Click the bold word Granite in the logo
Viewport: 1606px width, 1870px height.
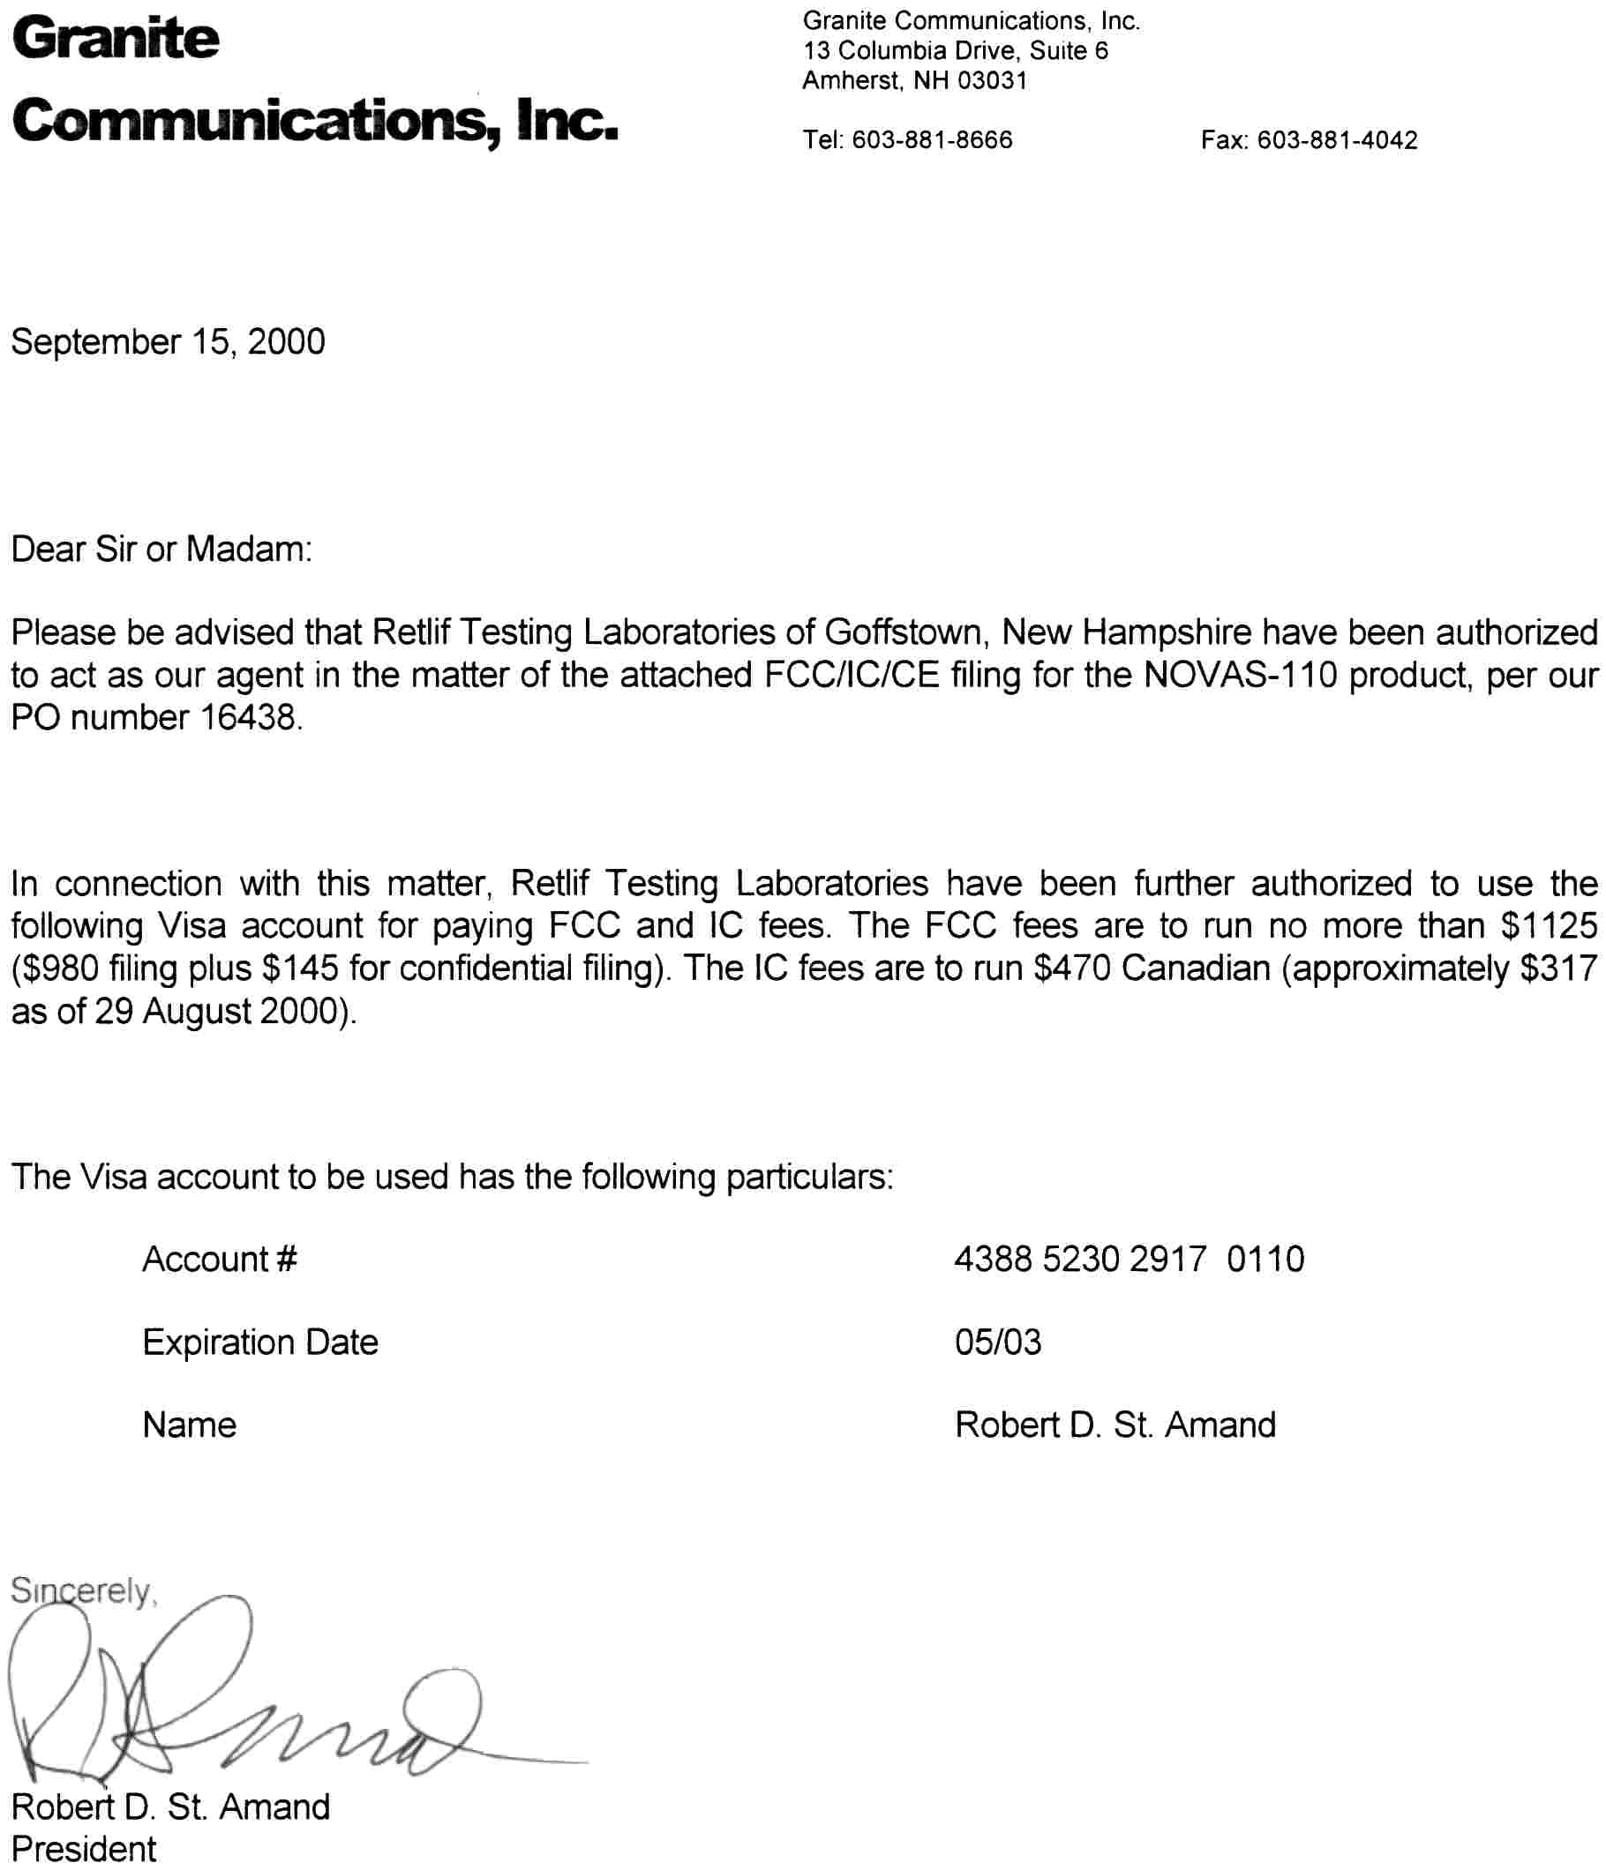pos(116,39)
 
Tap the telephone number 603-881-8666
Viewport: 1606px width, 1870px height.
pos(932,140)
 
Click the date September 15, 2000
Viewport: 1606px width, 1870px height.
pos(168,342)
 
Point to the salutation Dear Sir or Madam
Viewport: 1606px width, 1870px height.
pos(161,549)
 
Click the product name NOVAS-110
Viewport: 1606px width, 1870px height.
pos(1240,674)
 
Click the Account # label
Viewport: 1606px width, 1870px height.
pos(220,1259)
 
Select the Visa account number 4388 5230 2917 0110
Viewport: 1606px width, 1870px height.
pos(1129,1259)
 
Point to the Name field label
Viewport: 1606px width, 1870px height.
pos(190,1425)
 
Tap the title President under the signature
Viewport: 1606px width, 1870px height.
pos(83,1848)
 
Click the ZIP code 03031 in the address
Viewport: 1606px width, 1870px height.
pos(992,81)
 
